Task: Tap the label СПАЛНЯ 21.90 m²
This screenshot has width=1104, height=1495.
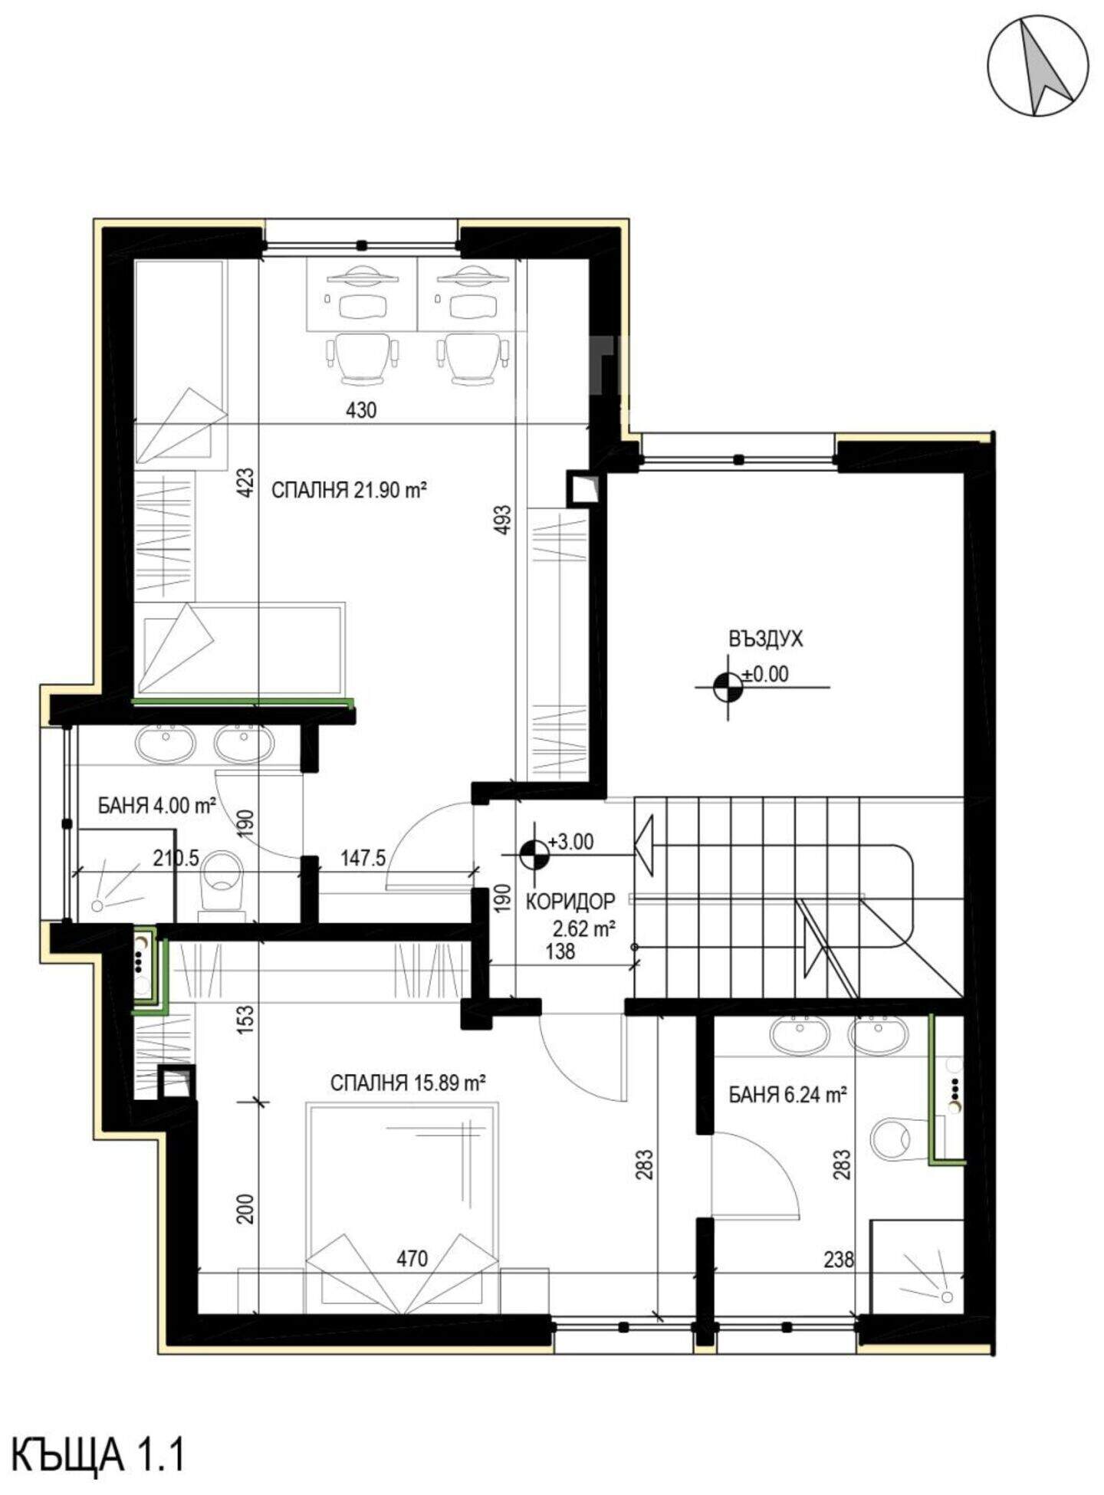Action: pos(349,490)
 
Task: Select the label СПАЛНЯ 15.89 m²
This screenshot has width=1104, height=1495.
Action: pos(408,1083)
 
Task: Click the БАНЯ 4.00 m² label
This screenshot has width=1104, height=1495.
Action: pos(156,806)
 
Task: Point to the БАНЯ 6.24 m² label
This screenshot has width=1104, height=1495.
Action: pos(787,1095)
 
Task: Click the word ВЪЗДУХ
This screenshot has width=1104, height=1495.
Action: pos(765,639)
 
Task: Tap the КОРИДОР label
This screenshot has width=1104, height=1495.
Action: pos(570,902)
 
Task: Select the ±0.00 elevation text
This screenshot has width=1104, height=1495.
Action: pos(765,675)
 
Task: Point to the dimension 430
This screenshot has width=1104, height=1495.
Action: pos(361,411)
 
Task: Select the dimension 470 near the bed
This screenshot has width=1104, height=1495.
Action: pos(412,1259)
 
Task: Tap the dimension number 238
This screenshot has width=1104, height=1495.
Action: pos(839,1259)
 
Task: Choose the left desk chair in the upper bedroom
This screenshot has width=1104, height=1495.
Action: pos(364,356)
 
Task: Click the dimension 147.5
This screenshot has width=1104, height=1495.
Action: pos(363,858)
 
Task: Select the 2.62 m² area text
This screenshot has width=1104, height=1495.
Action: pos(585,930)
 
